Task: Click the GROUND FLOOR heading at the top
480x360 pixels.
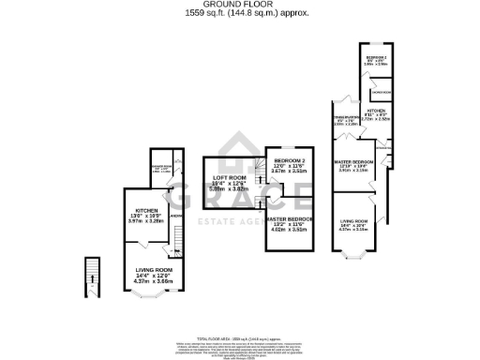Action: click(x=240, y=5)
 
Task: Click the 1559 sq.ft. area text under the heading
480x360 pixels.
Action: click(x=240, y=13)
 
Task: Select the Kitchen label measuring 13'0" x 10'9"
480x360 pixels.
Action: click(x=144, y=213)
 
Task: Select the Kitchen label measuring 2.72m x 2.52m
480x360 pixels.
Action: click(x=377, y=116)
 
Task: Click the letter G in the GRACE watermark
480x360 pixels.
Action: click(x=182, y=199)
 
